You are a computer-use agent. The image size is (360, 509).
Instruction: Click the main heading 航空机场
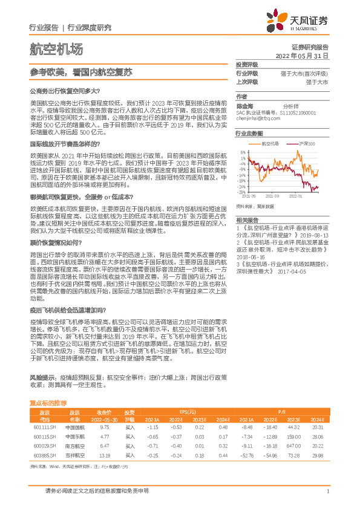click(x=56, y=50)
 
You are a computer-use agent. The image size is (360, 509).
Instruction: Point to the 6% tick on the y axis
click(x=242, y=152)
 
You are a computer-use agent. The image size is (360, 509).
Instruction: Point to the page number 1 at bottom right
click(x=327, y=491)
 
